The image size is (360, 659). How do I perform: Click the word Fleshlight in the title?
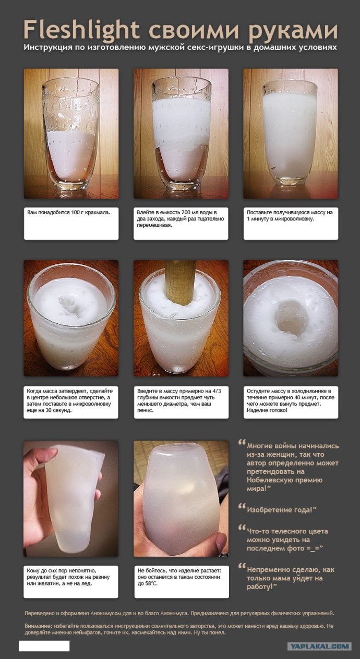click(x=81, y=30)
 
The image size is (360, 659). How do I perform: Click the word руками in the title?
click(x=293, y=31)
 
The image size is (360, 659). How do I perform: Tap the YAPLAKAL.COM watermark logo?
click(x=319, y=646)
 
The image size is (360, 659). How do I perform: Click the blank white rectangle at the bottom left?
click(x=44, y=646)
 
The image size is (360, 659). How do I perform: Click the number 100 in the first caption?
click(x=75, y=212)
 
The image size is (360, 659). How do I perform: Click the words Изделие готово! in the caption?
click(x=267, y=410)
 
